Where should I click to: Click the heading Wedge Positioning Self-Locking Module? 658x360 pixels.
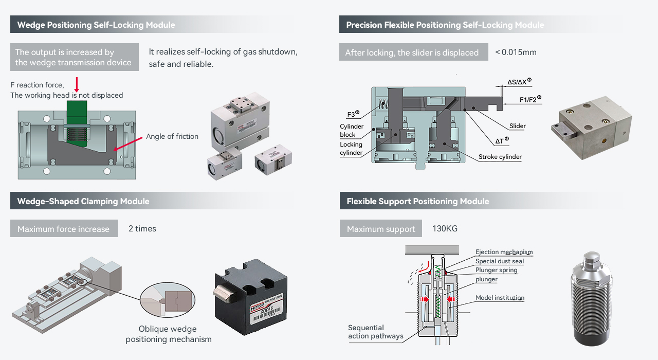point(96,25)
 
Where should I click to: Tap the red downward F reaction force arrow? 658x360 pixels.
point(77,84)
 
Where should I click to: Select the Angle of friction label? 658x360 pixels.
point(172,136)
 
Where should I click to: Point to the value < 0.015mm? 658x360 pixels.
point(516,52)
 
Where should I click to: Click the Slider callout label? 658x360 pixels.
point(518,126)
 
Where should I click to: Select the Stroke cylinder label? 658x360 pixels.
point(500,157)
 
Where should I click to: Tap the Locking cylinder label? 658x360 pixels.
point(351,149)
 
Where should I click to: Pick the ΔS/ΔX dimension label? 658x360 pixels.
point(519,82)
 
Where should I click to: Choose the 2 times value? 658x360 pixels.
point(142,228)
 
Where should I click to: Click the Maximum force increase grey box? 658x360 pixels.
point(64,229)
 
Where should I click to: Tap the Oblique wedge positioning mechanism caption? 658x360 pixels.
point(168,334)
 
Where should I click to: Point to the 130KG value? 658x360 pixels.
point(445,228)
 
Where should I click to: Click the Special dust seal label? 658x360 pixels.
point(499,261)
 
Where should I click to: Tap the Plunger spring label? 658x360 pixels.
point(496,270)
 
